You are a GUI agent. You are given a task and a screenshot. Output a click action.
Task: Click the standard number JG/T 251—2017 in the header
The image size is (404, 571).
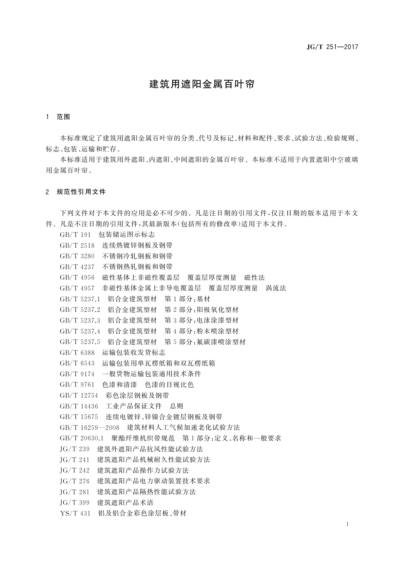[x=332, y=47]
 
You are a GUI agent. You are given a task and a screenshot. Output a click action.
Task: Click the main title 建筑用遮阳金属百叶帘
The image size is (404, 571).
[x=202, y=84]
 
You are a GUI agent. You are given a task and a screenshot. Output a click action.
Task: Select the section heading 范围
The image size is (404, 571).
[x=63, y=117]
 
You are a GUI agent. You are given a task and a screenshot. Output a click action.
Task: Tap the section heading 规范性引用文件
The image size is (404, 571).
[x=81, y=192]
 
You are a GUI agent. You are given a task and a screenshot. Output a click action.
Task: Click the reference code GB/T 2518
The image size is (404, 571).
[x=77, y=245]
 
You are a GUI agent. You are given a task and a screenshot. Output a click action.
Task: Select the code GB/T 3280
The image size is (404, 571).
[x=77, y=256]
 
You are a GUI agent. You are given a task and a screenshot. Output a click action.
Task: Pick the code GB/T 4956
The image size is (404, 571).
[x=77, y=278]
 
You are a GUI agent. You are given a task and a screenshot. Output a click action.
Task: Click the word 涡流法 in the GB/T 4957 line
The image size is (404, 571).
[x=276, y=288]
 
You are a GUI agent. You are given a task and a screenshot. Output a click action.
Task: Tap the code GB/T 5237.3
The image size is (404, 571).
[x=80, y=320]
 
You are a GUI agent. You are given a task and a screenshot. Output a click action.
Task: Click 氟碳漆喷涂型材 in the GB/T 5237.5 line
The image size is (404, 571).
[x=221, y=342]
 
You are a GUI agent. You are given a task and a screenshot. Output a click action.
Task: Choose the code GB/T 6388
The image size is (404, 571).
[x=77, y=353]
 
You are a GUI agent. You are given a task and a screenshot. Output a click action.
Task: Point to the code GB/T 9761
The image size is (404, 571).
[x=77, y=385]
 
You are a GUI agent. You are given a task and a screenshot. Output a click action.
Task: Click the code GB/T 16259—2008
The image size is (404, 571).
[x=89, y=428]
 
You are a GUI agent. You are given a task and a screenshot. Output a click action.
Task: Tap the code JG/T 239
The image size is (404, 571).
[x=75, y=449]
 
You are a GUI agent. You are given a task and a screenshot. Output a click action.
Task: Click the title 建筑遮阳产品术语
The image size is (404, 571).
[x=126, y=503]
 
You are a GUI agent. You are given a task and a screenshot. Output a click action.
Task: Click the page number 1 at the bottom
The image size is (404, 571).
[x=348, y=525]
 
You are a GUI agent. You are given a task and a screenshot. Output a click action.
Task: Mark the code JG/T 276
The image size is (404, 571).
[x=75, y=481]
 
